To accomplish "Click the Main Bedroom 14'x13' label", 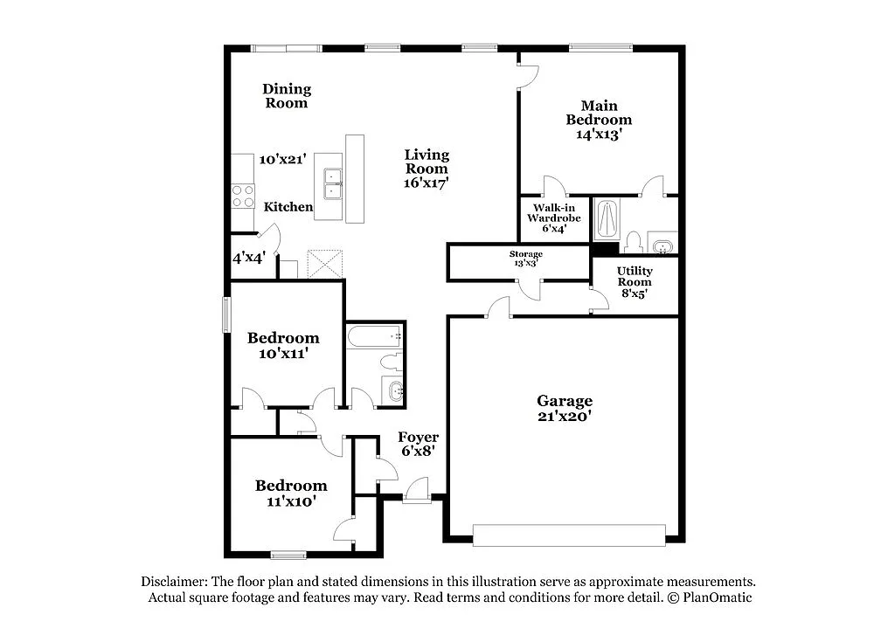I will coord(598,120).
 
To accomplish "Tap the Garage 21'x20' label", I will coord(564,409).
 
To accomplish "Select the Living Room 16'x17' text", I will coord(427,169).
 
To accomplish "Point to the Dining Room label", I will coord(287,96).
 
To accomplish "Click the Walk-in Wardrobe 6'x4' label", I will coord(548,217).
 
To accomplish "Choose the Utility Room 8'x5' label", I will coord(635,282).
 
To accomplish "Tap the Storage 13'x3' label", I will coord(525,258).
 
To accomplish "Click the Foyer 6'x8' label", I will coord(418,444).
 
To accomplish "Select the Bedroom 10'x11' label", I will coord(282,345).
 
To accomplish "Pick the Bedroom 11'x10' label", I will coord(291,493).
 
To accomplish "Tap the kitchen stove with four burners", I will coord(242,197).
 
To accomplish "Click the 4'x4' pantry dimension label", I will coord(249,259).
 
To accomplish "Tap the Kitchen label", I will coord(288,207).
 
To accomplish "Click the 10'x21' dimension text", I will coord(282,160).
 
